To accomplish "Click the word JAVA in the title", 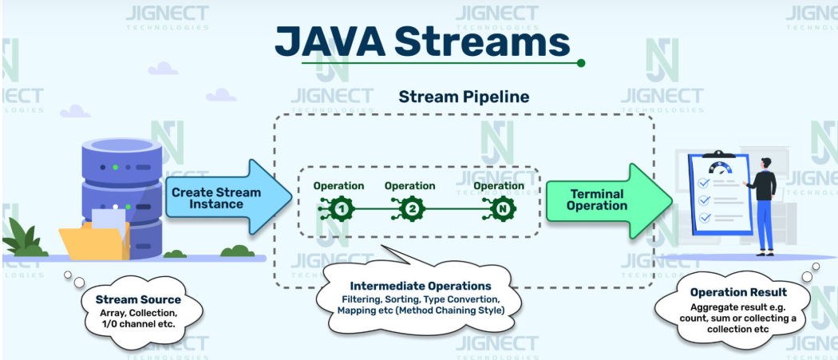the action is coord(328,39).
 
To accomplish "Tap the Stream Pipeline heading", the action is coord(463,97).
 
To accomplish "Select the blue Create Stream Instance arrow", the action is coord(219,197).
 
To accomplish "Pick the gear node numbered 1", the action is coord(342,210).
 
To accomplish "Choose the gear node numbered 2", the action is coord(412,210).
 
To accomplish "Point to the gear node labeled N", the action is coord(502,210).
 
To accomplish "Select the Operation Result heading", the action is coord(738,292).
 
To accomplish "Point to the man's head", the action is coord(765,163).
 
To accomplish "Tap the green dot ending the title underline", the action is coord(581,62).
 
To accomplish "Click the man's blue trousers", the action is coord(764,222).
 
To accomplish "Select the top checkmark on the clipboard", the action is coord(704,183).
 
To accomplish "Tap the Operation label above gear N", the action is coord(499,186).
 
